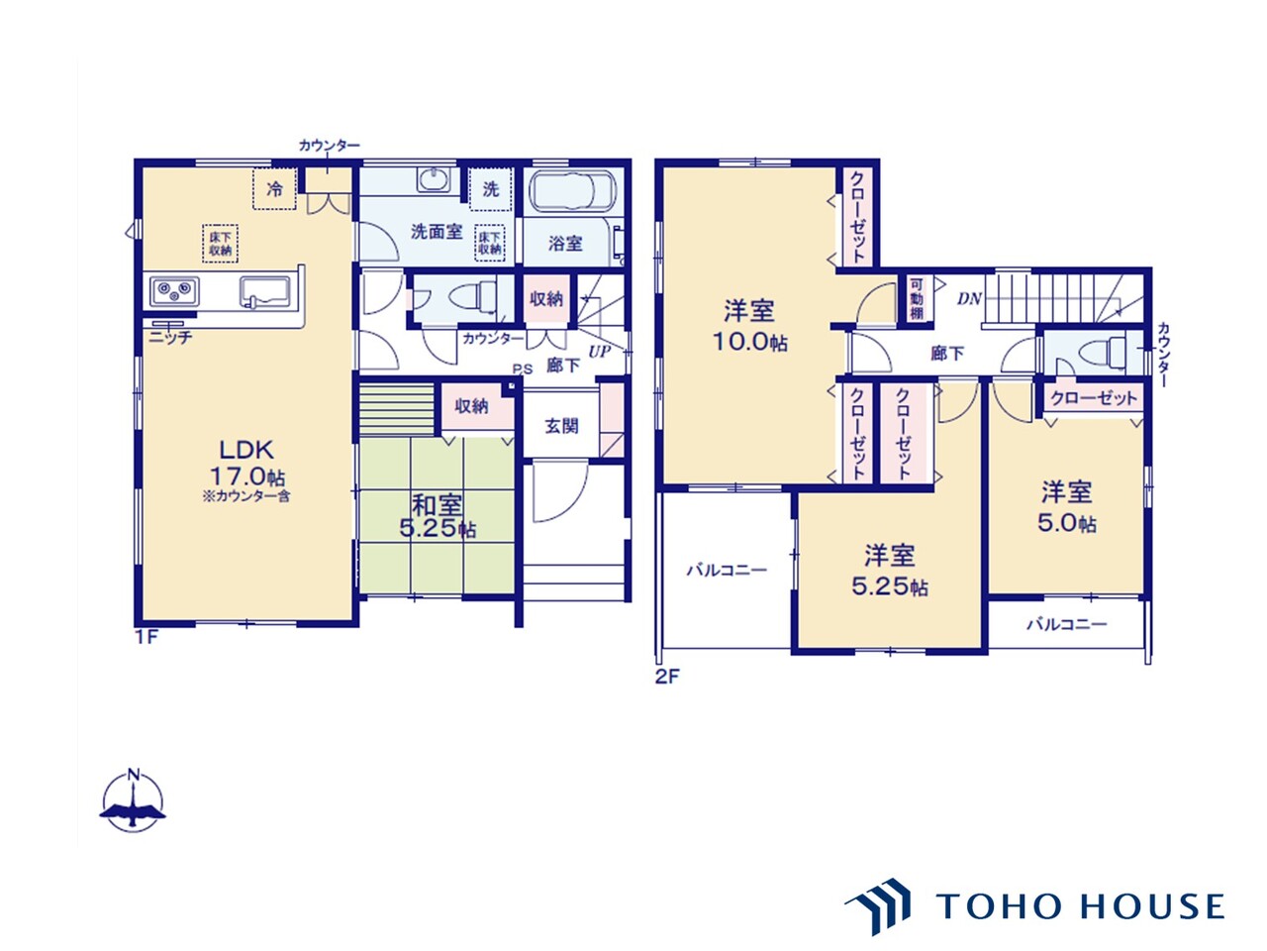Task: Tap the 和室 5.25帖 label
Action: [x=437, y=515]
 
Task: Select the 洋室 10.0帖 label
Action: [x=749, y=326]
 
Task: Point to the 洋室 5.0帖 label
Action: [x=1066, y=507]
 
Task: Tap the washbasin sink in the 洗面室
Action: [x=433, y=180]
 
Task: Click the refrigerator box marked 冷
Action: [x=274, y=189]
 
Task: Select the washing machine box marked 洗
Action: [x=491, y=189]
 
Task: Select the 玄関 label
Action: [x=561, y=426]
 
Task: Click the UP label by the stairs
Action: [x=600, y=351]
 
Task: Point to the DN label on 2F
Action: [x=969, y=297]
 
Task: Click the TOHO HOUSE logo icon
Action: [x=879, y=905]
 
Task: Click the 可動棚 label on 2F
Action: [x=916, y=298]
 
